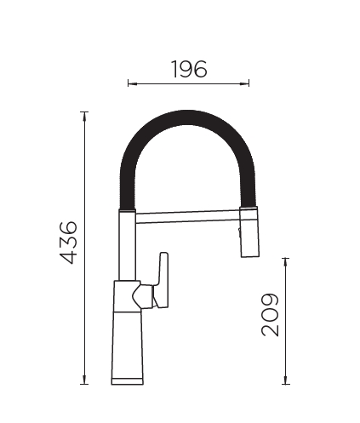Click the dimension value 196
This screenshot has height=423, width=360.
click(190, 69)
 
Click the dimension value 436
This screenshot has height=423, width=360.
click(68, 243)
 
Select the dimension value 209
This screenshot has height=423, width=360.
click(270, 315)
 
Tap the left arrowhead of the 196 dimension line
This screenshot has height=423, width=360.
click(132, 83)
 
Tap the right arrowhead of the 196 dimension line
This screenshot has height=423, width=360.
click(245, 83)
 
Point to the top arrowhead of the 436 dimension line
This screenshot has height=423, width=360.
click(84, 117)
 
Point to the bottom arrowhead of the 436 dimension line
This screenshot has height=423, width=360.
click(84, 380)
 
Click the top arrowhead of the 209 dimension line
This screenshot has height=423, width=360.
click(286, 262)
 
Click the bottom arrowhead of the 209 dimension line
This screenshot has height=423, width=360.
click(286, 380)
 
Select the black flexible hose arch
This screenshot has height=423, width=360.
click(187, 118)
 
